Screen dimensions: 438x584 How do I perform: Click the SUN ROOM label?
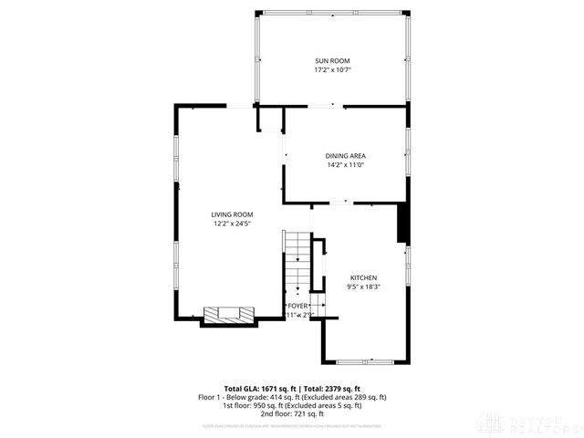tap(333, 60)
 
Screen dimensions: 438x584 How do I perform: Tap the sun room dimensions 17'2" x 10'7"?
tap(333, 69)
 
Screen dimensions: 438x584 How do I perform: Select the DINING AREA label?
tap(345, 155)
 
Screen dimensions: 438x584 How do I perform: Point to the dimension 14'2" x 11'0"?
tap(345, 165)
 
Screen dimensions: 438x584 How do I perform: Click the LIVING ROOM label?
tap(233, 214)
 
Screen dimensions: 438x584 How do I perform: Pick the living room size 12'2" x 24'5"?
tap(233, 224)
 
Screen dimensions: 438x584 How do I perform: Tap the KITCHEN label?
tap(363, 277)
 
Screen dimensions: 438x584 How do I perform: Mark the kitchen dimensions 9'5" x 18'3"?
tap(363, 287)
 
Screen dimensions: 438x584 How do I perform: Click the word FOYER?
tap(298, 306)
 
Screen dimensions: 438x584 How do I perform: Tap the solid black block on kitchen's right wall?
tap(402, 224)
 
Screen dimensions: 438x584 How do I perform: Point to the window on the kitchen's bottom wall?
tap(364, 362)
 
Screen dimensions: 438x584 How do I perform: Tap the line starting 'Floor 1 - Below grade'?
tap(292, 397)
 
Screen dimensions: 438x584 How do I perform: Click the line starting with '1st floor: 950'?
tap(292, 405)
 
